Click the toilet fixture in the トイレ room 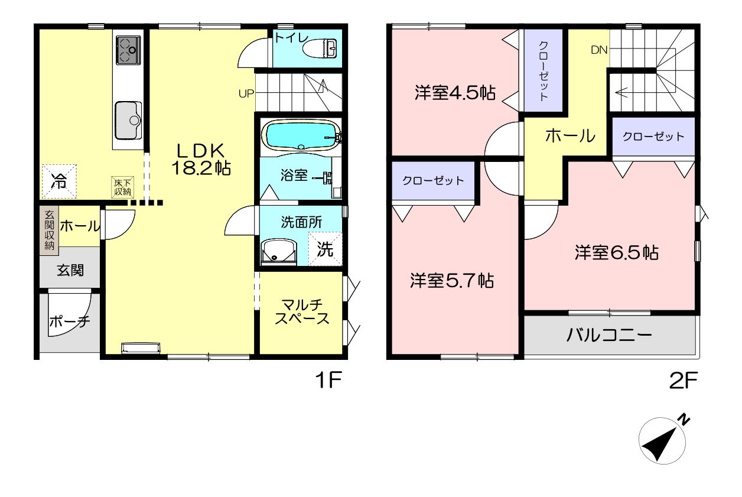coord(320,48)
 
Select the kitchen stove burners coord(128,50)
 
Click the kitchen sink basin coord(128,121)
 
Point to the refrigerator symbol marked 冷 coord(59,181)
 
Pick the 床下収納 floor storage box coord(122,187)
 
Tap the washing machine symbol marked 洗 coord(325,249)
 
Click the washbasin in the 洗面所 coord(279,252)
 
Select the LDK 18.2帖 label coord(201,160)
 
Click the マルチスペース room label coord(302,311)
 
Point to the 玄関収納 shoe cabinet coord(50,230)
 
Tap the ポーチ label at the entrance coord(70,321)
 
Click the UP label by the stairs coord(246,94)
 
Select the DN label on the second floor coord(599,50)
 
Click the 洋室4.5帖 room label coord(455,93)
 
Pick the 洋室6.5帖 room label coord(616,252)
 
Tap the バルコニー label coord(609,335)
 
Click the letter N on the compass coord(683,420)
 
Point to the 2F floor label coord(684,381)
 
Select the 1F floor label coord(328,380)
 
